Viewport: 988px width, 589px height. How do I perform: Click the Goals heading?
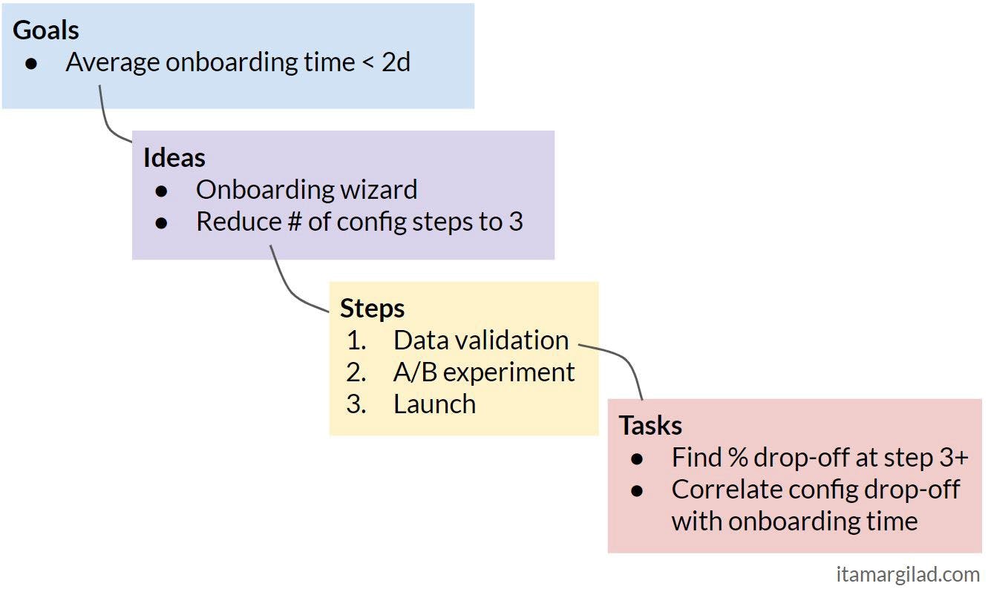coord(46,30)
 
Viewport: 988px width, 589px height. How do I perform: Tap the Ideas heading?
coord(174,157)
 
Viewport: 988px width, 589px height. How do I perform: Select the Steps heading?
coord(372,308)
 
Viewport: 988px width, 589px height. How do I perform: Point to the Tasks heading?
coord(650,425)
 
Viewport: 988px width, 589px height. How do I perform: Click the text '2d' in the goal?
coord(396,62)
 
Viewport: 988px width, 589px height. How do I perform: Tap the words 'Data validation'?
coord(481,340)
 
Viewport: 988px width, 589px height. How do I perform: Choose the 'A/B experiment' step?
coord(484,372)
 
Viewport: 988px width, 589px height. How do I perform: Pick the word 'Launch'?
coord(434,404)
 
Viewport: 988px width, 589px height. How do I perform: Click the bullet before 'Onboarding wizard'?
coord(162,191)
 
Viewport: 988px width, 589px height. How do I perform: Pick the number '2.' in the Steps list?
coord(356,372)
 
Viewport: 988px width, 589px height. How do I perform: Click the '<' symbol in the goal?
coord(367,63)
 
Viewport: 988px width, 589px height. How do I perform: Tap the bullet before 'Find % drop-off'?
coord(637,458)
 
